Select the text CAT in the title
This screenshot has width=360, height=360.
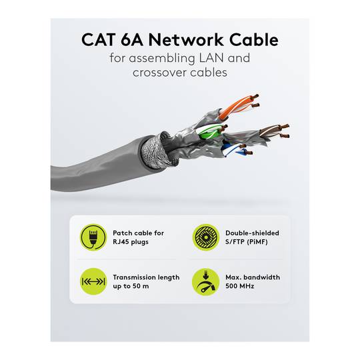[98, 39]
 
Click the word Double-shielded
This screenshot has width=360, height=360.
[252, 233]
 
